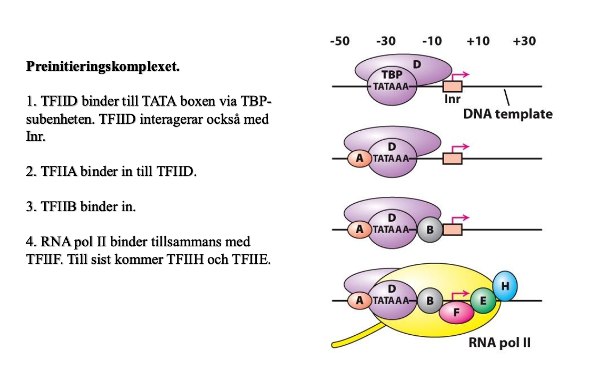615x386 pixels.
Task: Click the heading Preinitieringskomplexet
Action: [103, 68]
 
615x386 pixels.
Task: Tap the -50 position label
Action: [339, 42]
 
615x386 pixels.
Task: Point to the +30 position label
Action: [524, 42]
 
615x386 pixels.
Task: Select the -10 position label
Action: [432, 42]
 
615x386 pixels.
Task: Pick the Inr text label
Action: [452, 99]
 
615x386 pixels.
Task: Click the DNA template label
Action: [507, 114]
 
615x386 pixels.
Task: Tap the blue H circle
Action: [505, 286]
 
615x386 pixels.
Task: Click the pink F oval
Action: [457, 313]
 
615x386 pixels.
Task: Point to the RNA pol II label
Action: [499, 343]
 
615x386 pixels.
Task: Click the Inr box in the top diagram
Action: [453, 86]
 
